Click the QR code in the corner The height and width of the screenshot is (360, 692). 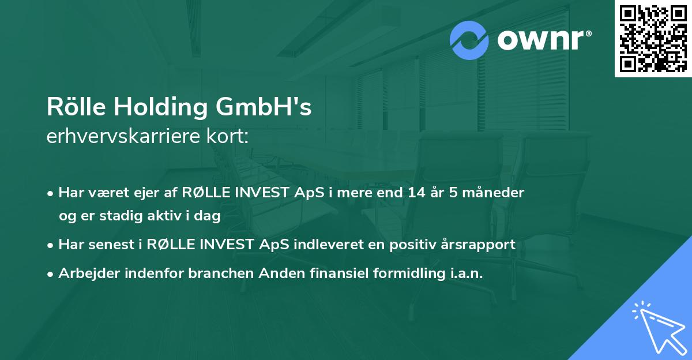653,39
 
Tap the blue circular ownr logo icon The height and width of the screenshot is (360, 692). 469,40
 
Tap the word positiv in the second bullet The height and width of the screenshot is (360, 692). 412,245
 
